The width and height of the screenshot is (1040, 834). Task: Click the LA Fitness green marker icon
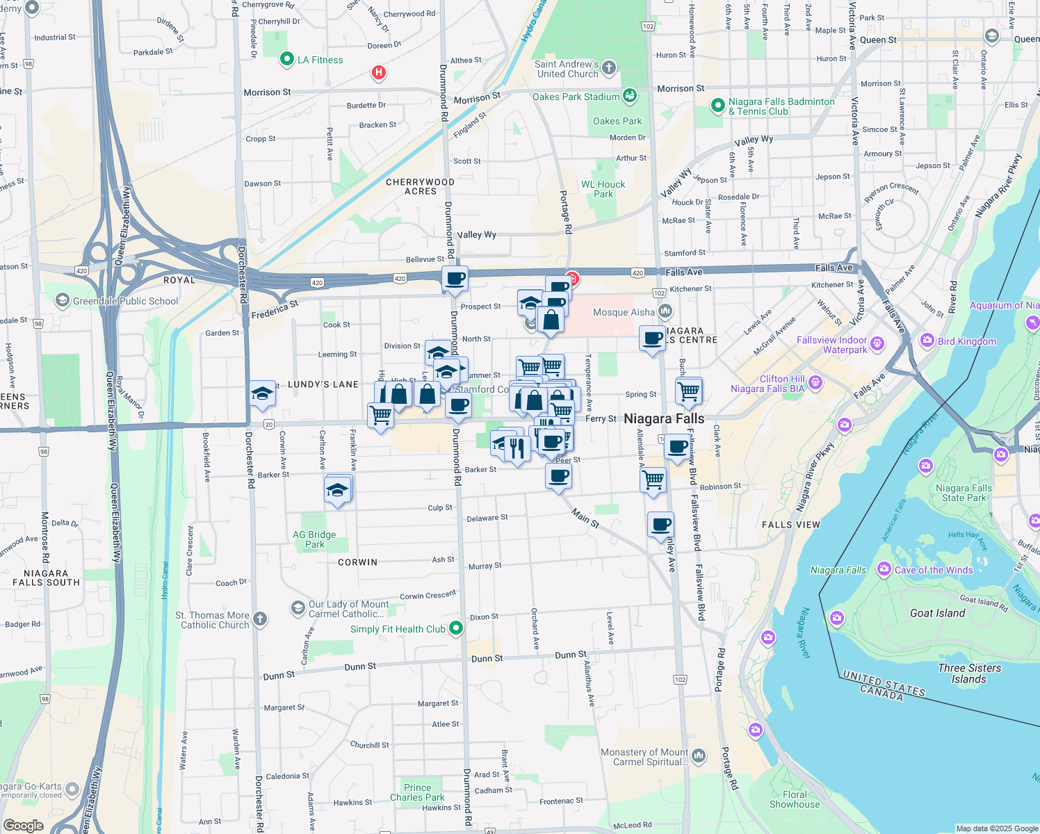coord(286,60)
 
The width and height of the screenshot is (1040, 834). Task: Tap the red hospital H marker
coord(379,72)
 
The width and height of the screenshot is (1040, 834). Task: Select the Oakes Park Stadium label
coord(576,97)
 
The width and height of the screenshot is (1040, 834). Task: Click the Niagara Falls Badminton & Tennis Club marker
coord(718,106)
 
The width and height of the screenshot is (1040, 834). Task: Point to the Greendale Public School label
coord(125,301)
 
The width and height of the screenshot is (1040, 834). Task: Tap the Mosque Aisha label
coord(624,312)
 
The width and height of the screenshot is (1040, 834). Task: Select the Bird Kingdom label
coord(966,341)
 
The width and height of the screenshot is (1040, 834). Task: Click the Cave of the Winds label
coord(934,570)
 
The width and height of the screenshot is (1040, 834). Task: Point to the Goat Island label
coord(937,613)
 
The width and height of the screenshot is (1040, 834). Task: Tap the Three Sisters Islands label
coord(969,673)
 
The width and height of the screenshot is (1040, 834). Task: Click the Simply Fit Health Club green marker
coord(456,628)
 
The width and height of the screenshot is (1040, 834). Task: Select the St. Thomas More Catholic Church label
coord(213,620)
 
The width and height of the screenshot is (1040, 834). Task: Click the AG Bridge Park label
coord(314,539)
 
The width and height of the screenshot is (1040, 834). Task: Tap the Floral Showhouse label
coord(795,799)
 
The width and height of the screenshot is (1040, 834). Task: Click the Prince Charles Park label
coord(417,792)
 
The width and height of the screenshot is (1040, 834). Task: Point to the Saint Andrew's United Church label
coord(567,69)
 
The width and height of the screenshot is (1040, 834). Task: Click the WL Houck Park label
coord(603,189)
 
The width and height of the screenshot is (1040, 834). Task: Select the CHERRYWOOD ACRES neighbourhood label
coord(421,186)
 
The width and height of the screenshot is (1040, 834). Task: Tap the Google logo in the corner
coord(23,825)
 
